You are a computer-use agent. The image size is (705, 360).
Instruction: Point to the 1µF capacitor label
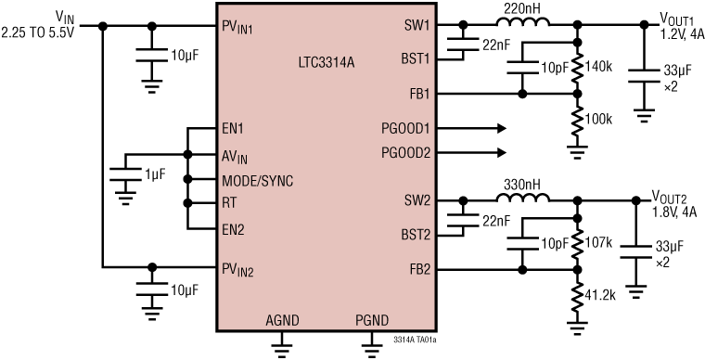[155, 174]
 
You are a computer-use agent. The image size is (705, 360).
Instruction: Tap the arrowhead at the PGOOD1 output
[504, 127]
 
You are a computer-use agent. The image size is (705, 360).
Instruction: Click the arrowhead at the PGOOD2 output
[504, 152]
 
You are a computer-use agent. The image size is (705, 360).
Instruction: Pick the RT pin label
[230, 202]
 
